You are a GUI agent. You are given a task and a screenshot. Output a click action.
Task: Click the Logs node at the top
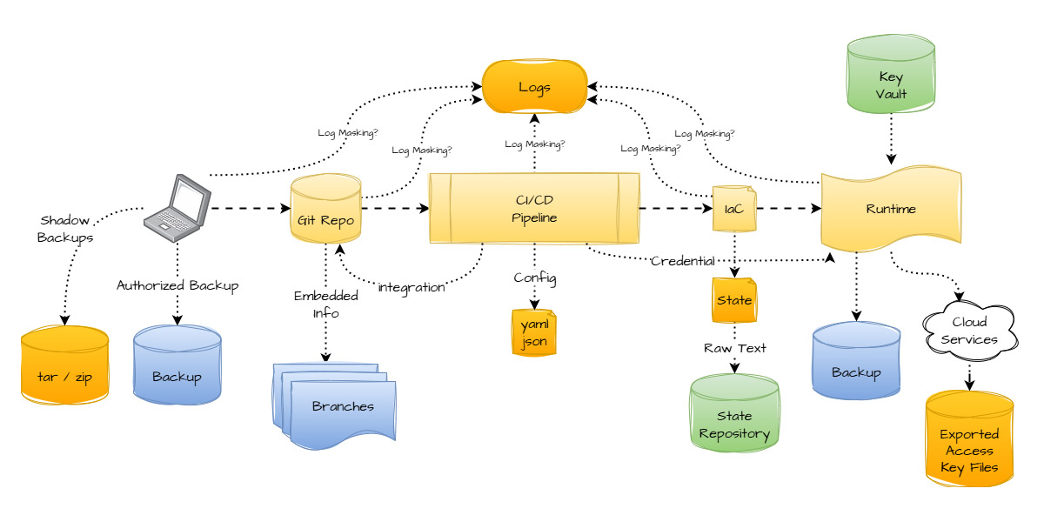click(534, 87)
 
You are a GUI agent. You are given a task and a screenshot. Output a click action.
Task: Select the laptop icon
click(177, 208)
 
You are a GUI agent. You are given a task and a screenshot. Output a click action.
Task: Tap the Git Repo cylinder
click(325, 209)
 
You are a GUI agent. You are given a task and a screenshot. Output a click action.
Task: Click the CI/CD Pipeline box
click(534, 209)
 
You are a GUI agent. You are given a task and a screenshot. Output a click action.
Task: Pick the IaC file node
click(734, 209)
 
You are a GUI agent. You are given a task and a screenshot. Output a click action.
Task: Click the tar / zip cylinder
click(64, 365)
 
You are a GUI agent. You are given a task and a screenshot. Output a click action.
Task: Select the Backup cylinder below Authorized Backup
click(177, 365)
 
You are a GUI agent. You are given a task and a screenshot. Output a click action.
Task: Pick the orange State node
click(734, 300)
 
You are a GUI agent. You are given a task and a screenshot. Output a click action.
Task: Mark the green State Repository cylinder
click(734, 414)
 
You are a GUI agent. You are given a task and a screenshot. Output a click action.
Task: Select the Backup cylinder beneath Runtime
click(856, 362)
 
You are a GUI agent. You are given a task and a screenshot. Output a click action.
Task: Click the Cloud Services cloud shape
click(969, 331)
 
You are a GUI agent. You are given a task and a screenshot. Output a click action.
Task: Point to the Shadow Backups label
click(65, 228)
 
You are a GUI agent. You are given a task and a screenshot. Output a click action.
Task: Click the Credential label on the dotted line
click(683, 261)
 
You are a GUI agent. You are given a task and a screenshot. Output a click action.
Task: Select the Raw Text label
click(735, 348)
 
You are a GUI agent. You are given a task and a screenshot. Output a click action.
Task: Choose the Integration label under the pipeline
click(412, 287)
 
